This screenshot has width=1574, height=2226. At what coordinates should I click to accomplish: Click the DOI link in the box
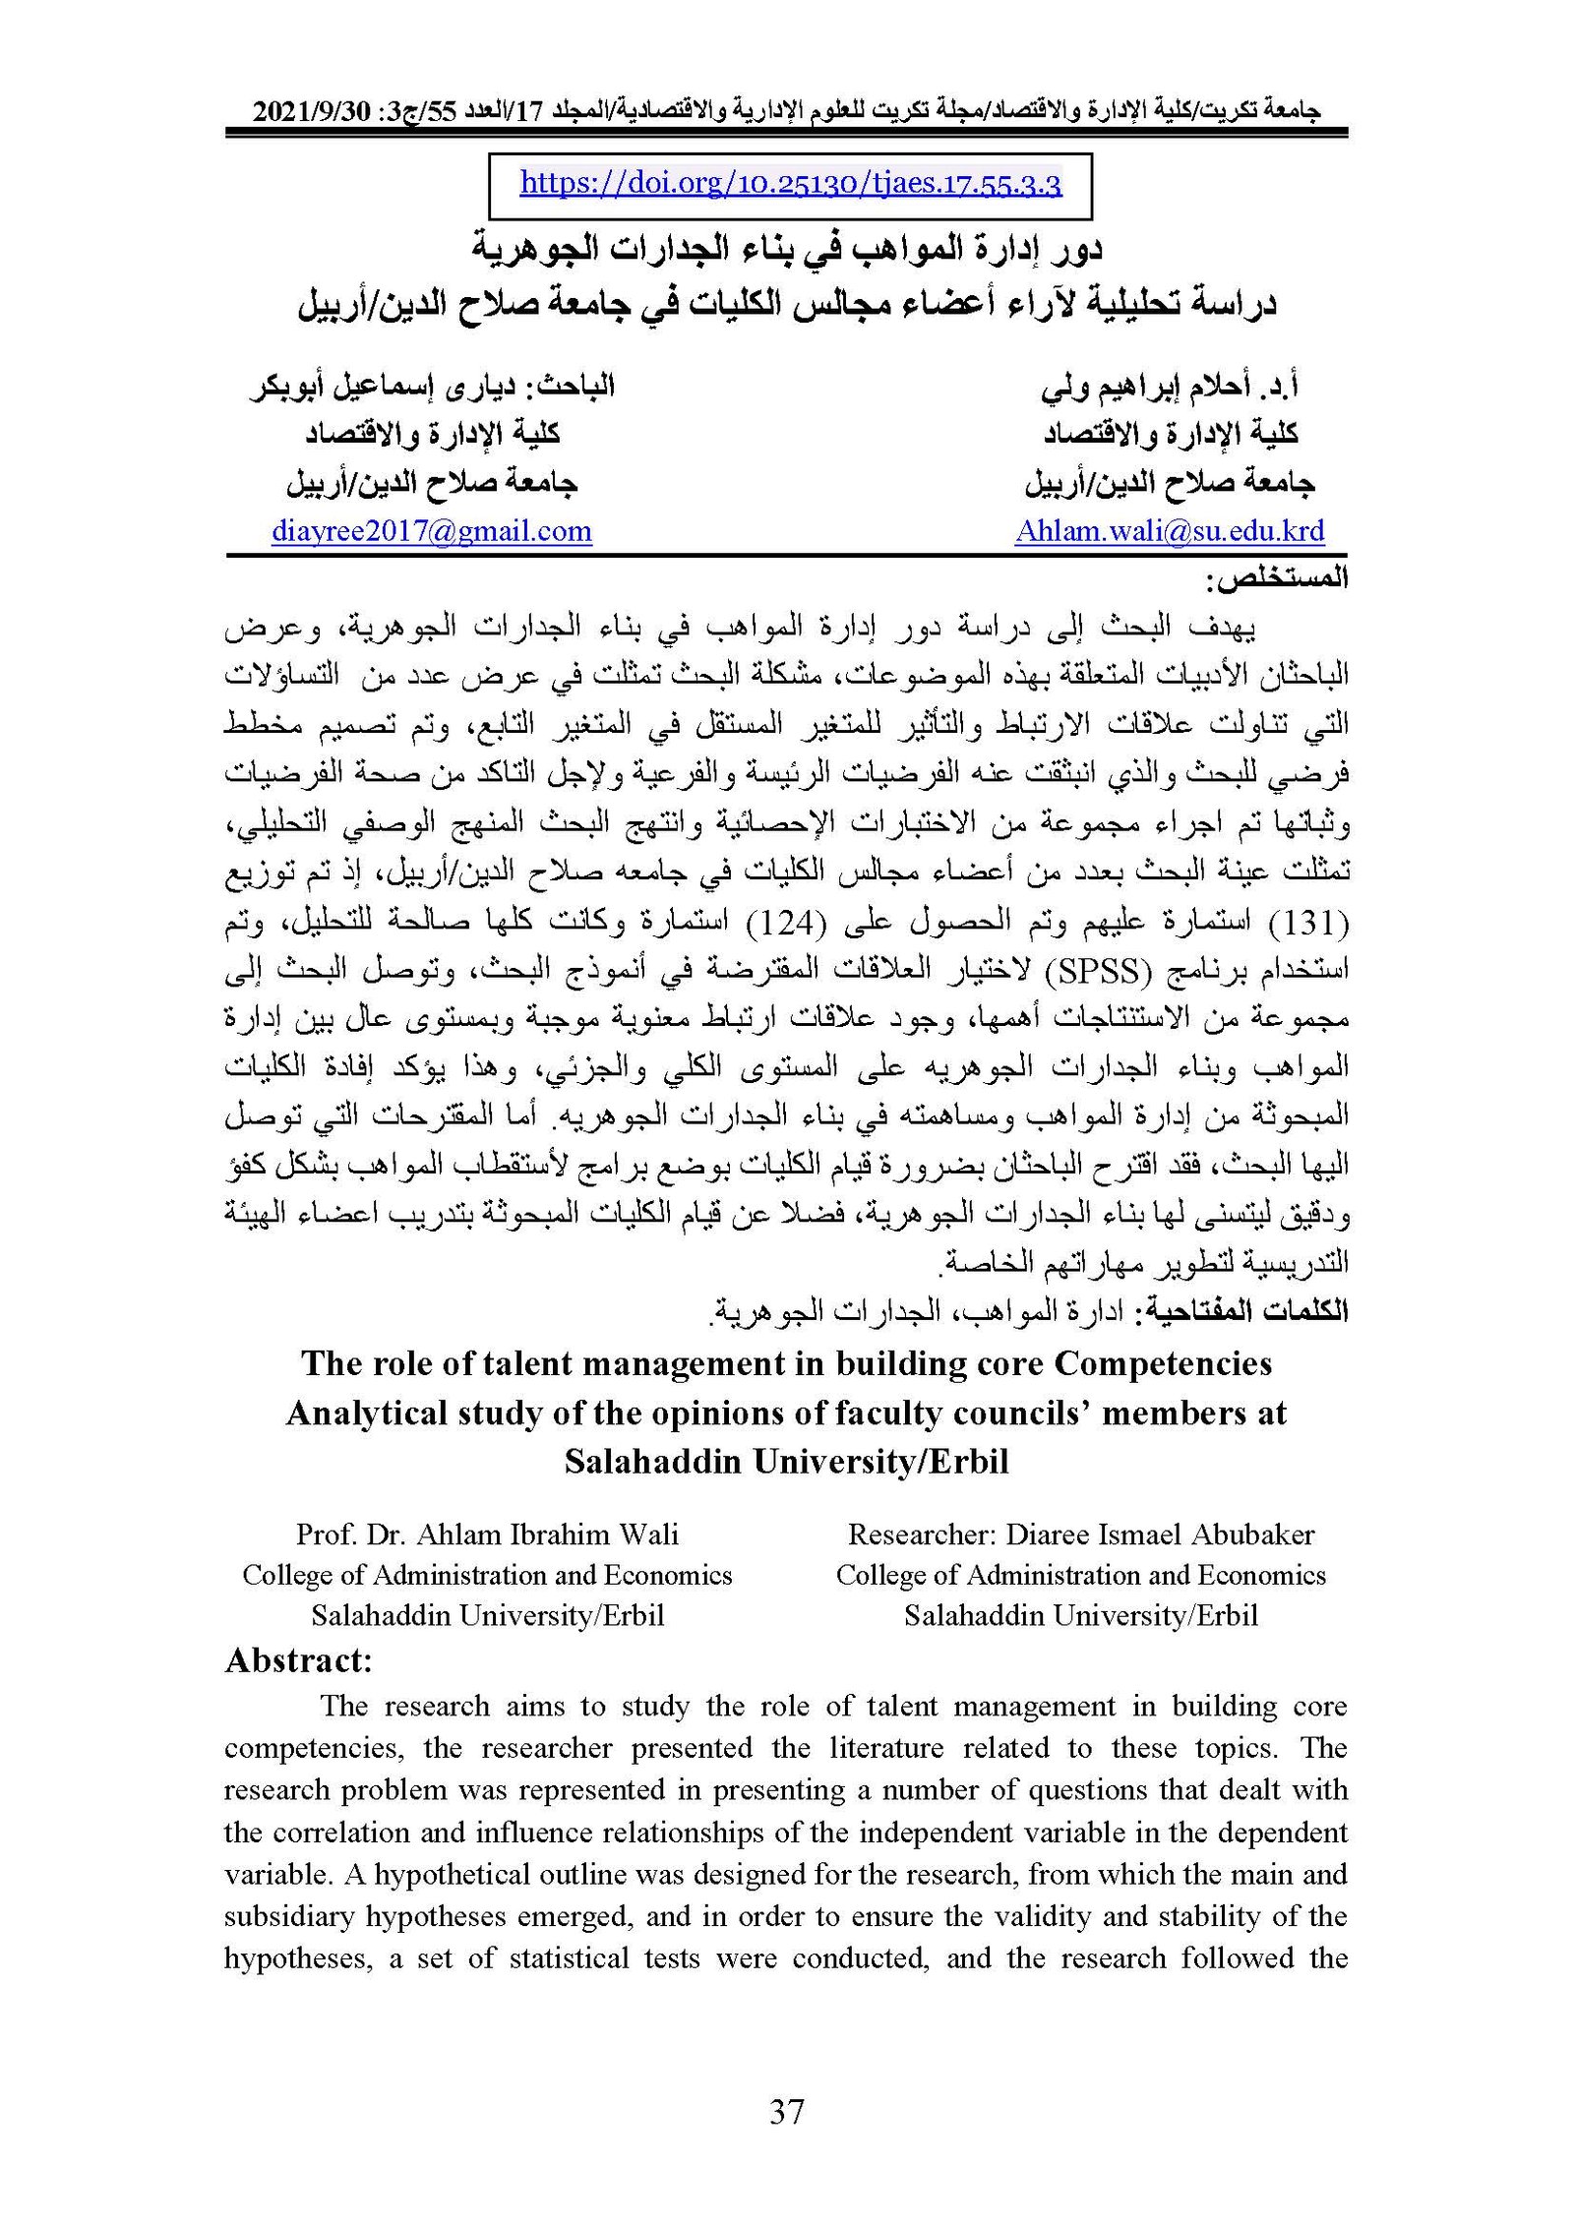click(x=790, y=184)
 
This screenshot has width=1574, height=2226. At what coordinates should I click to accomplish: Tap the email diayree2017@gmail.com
click(x=432, y=531)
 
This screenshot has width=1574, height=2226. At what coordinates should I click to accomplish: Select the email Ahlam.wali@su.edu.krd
click(x=1170, y=531)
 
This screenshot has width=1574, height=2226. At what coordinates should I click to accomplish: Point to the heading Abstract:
click(x=299, y=1660)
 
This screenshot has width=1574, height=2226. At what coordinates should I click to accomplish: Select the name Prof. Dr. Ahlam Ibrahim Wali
click(x=487, y=1534)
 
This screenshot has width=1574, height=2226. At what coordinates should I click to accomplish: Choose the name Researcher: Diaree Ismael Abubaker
click(x=1081, y=1534)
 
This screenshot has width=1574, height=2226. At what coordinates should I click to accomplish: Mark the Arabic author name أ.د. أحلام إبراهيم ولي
click(x=1170, y=387)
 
